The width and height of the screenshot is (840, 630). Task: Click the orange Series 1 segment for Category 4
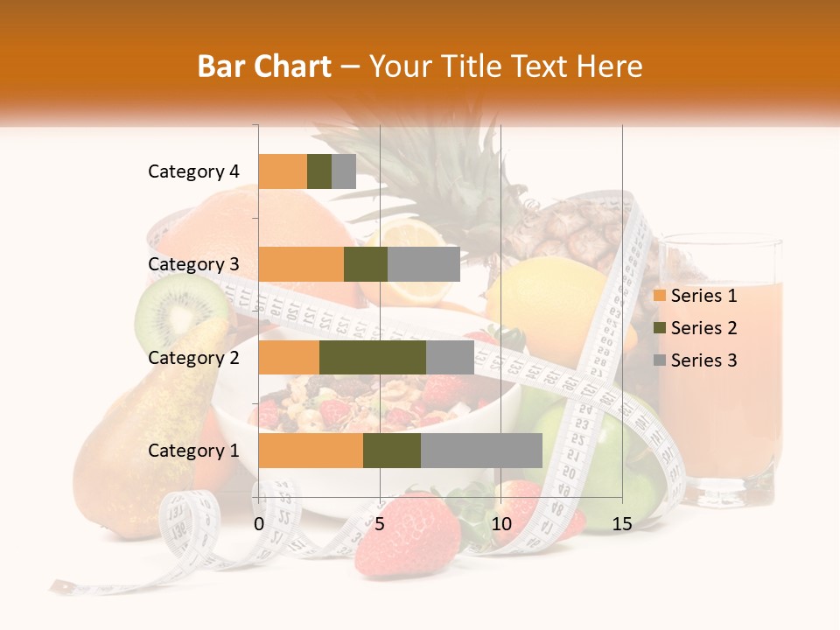(283, 171)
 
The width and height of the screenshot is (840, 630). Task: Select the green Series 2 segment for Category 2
(372, 357)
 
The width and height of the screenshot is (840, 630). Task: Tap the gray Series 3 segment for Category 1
(481, 450)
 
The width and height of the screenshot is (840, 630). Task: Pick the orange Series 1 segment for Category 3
(301, 264)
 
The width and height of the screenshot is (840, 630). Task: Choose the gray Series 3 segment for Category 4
(344, 171)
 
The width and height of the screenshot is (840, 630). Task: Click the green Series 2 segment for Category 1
(391, 450)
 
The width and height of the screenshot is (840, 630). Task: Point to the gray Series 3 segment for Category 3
(423, 264)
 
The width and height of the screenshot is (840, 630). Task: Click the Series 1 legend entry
(695, 296)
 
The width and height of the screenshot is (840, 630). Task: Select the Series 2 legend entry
(695, 328)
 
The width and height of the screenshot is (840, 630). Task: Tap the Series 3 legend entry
(695, 360)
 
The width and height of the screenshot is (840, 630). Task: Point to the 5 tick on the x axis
(380, 524)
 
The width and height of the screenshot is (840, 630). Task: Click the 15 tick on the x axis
(621, 524)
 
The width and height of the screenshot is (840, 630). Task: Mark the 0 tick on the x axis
(259, 524)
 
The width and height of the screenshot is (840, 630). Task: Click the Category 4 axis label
(193, 171)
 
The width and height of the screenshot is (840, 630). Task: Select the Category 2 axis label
(193, 357)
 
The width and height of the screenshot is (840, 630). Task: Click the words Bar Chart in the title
(263, 66)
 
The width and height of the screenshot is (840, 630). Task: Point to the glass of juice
(719, 367)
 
